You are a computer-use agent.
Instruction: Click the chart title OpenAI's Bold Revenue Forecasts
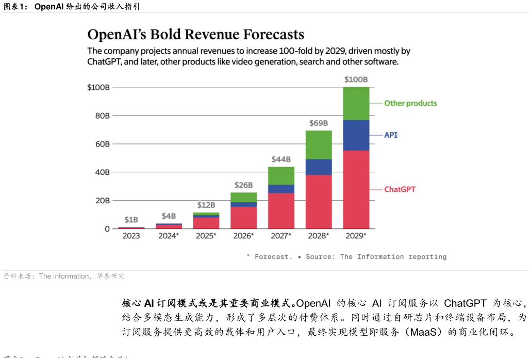coord(195,35)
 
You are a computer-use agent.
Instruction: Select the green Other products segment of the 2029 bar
coord(356,103)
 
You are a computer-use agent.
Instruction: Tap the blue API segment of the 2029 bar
coord(356,135)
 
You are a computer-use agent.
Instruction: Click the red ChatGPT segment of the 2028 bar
coord(319,202)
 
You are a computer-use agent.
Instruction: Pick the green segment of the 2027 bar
coord(281,175)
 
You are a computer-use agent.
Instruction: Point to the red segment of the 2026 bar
coord(243,217)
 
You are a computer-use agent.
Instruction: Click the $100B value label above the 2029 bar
coord(356,79)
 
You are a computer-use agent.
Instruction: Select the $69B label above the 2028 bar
coord(319,123)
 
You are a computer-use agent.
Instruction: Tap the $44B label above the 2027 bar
coord(281,159)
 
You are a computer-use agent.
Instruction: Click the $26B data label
coord(243,185)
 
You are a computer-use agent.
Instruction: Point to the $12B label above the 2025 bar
coord(206,205)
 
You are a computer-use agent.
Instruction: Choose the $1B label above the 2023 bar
coord(131,220)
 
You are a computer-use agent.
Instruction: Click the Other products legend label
coord(410,103)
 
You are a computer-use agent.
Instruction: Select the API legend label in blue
coord(391,135)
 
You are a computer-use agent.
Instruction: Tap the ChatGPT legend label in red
coord(400,189)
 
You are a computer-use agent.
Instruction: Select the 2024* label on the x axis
coord(169,236)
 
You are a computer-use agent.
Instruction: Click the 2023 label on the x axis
coord(131,236)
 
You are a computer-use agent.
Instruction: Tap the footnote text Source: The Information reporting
coord(376,257)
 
